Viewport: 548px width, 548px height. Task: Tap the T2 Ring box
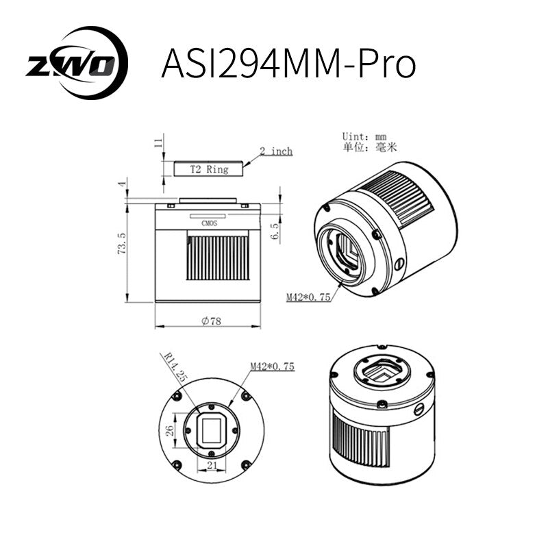tap(208, 168)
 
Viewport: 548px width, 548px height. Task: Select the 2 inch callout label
tap(276, 151)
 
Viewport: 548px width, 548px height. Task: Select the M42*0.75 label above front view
tap(272, 366)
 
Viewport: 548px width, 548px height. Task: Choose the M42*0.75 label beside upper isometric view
tap(308, 297)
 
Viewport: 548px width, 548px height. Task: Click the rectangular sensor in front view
tap(210, 430)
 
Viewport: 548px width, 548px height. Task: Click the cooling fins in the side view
tap(218, 258)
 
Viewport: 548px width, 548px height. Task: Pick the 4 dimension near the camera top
tap(122, 184)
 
